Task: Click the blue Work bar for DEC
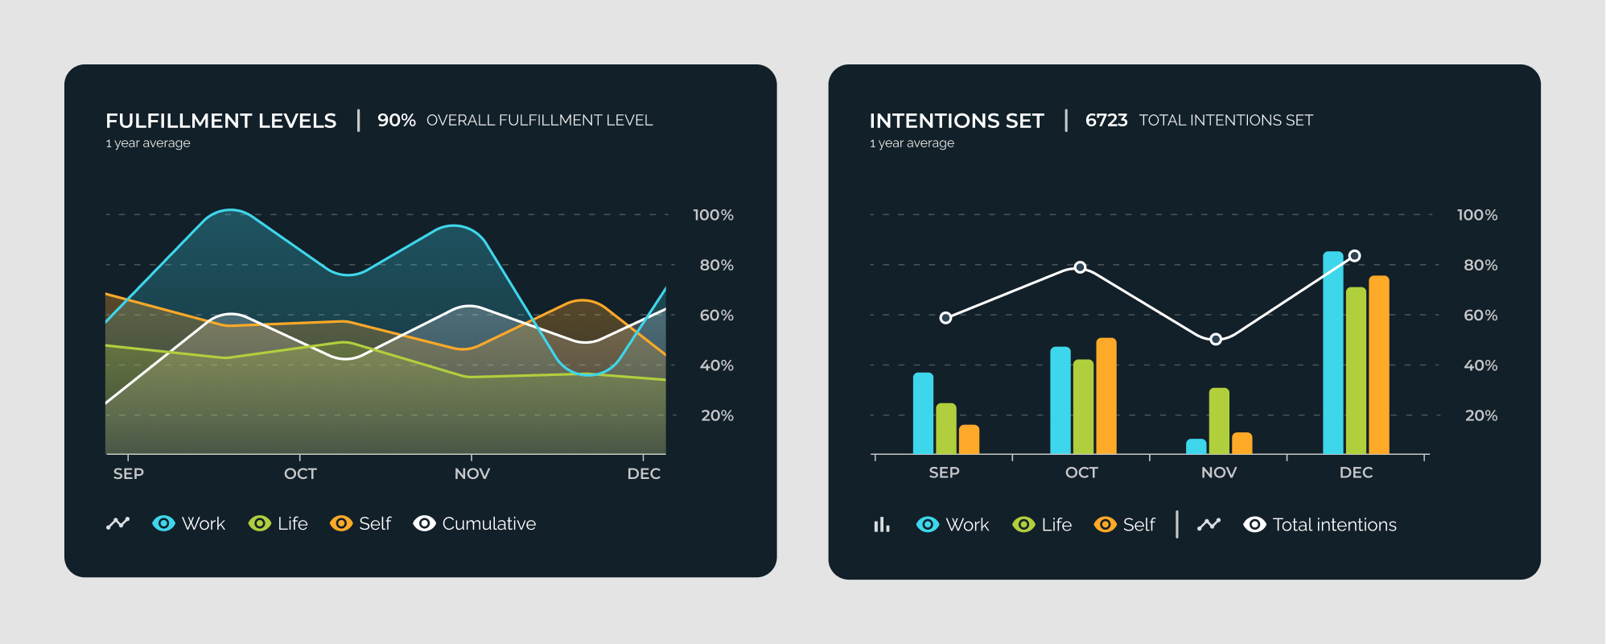[x=1333, y=354]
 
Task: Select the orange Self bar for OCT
[x=1106, y=396]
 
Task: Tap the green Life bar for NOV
[x=1219, y=421]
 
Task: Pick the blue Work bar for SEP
[x=923, y=414]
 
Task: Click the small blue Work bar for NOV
[x=1196, y=447]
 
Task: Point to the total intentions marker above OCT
[x=1081, y=267]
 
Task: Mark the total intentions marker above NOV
[x=1216, y=340]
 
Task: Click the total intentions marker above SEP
[x=945, y=318]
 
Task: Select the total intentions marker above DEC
[x=1355, y=256]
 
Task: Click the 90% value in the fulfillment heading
[x=397, y=121]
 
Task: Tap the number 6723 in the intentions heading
[x=1106, y=121]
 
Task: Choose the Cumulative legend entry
[x=475, y=524]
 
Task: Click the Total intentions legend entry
[x=1320, y=525]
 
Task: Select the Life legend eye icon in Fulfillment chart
[x=259, y=524]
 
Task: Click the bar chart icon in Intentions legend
[x=882, y=525]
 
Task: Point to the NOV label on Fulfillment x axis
[x=472, y=474]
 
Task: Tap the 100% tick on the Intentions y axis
[x=1477, y=215]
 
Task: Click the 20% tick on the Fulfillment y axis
[x=717, y=416]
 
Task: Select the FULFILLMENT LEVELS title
[x=221, y=121]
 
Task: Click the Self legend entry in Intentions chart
[x=1125, y=525]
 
